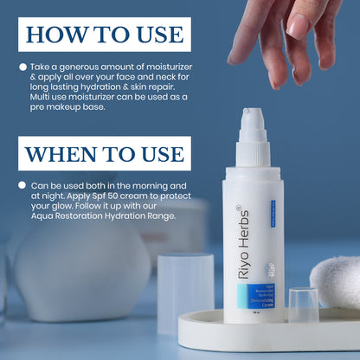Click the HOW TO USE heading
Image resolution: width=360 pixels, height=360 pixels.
pos(104,34)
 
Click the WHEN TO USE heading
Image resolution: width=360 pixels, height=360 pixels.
pos(104,153)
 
